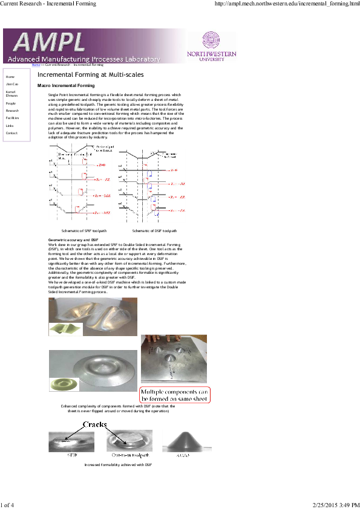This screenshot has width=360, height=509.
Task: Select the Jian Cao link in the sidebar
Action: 11,85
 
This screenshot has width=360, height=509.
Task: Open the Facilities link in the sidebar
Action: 12,118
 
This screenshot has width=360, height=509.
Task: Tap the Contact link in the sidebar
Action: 11,133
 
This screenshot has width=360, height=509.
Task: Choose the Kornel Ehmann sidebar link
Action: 11,94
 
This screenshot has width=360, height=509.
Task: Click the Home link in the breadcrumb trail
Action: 36,65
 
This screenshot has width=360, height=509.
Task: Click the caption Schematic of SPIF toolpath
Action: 84,231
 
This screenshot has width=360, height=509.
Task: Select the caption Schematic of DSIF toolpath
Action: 154,231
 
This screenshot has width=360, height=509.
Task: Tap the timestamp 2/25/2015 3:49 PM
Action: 336,504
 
